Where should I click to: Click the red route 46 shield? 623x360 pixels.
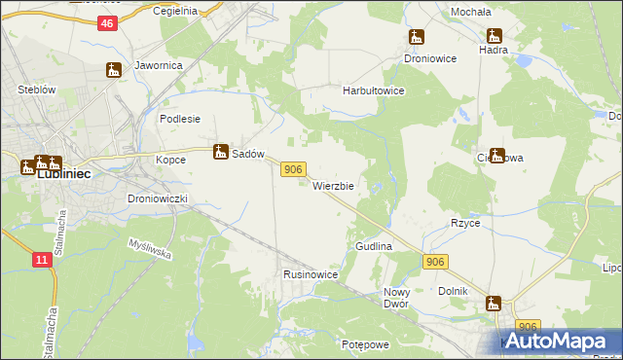tap(107, 23)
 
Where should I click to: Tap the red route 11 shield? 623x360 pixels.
tap(41, 259)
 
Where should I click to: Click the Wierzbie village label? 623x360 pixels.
tap(333, 185)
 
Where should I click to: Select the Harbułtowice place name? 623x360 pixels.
tap(373, 90)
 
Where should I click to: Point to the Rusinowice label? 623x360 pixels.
tap(311, 275)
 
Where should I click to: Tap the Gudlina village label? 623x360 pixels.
tap(374, 247)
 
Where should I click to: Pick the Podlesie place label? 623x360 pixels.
tap(179, 119)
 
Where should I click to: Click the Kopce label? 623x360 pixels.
tap(170, 159)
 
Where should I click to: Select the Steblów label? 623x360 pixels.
tap(36, 90)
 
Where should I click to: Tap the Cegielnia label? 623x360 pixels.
tap(176, 11)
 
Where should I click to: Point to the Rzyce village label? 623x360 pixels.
tap(465, 223)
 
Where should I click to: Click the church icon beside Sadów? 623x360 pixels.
tap(221, 151)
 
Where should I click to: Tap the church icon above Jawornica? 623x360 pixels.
tap(114, 69)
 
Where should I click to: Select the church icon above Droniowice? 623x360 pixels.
tap(417, 38)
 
